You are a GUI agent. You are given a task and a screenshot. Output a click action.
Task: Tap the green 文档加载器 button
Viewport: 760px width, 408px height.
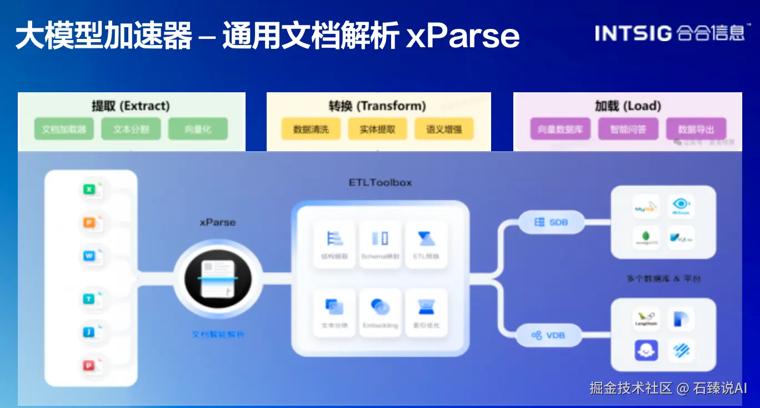(x=64, y=129)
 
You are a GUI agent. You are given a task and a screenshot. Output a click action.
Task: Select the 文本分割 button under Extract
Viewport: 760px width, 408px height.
(x=131, y=129)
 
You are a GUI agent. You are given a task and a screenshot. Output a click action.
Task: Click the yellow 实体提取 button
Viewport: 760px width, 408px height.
(x=377, y=129)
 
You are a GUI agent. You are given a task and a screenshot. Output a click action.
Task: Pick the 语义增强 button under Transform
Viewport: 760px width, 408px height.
(x=444, y=129)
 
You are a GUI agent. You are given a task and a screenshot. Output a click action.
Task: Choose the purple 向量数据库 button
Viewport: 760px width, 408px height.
(x=560, y=129)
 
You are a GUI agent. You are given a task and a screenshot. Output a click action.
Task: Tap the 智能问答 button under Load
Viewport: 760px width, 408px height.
(x=628, y=129)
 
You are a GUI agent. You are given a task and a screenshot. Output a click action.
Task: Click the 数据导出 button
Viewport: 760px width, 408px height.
(x=696, y=129)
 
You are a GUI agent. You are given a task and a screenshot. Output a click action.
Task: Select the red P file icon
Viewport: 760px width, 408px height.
(x=89, y=365)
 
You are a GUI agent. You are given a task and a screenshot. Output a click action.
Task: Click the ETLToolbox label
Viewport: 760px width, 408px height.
(x=380, y=183)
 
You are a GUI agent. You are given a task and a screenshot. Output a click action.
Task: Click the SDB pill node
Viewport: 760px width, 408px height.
(x=552, y=222)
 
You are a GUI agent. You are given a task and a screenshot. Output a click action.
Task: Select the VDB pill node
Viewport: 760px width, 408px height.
(x=548, y=335)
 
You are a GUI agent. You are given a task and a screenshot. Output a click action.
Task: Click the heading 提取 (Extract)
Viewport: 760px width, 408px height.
(x=131, y=106)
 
